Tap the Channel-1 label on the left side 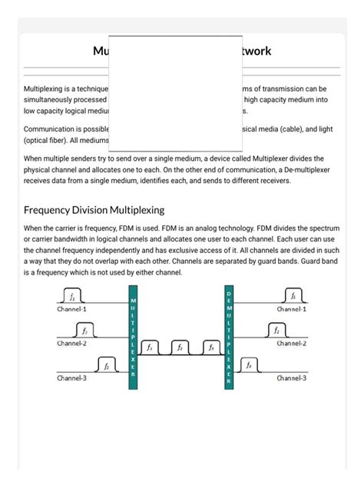pos(72,309)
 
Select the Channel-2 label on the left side pos(72,344)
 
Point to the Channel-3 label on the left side pos(72,378)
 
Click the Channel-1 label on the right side pos(292,309)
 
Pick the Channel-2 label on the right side pos(292,344)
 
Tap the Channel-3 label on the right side pos(292,378)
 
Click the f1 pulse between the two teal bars pos(151,348)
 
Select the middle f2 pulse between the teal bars pos(180,348)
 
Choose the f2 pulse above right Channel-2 pos(275,331)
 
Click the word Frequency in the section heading pos(51,210)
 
